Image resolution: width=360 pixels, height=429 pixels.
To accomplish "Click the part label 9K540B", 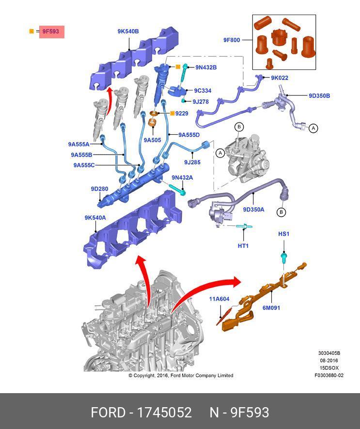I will tap(128, 32).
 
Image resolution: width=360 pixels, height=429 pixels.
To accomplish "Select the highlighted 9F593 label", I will tap(50, 32).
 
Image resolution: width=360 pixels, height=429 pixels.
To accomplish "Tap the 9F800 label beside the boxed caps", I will tap(232, 40).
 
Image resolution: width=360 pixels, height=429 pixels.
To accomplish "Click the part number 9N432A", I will tap(182, 178).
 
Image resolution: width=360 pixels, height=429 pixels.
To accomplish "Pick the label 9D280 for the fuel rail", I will tap(99, 189).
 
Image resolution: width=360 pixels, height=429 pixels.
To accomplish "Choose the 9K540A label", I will tap(95, 218).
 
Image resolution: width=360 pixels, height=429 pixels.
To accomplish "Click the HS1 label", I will tap(283, 234).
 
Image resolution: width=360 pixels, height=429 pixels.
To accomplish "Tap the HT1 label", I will tap(243, 246).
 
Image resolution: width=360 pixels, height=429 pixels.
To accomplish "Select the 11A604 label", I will tap(219, 299).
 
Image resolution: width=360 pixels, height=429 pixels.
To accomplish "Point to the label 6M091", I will tap(271, 308).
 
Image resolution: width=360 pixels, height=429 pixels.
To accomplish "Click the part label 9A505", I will tap(152, 140).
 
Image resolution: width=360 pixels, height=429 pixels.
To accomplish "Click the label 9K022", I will tap(280, 78).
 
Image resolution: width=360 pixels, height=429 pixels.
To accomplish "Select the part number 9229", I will tap(182, 113).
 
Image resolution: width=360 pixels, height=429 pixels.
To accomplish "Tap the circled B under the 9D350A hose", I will tap(281, 212).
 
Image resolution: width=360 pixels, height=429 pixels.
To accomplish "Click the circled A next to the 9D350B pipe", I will tap(313, 128).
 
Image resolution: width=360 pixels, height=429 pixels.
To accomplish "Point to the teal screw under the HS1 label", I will tap(284, 256).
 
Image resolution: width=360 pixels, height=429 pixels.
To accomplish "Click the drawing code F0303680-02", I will tap(329, 375).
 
